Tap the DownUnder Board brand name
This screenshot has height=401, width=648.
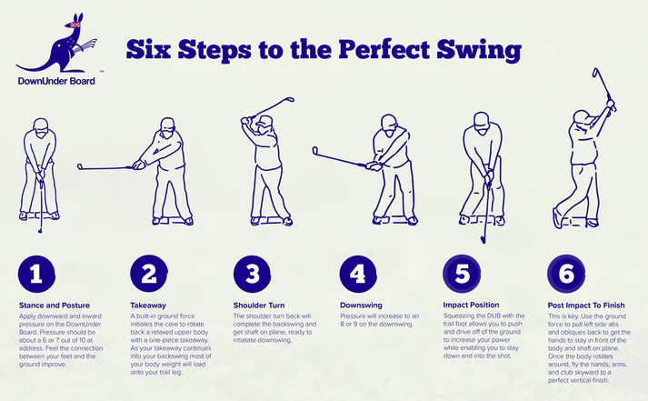(x=56, y=81)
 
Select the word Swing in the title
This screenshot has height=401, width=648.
(x=479, y=50)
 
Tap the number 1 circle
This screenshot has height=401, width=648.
(x=36, y=274)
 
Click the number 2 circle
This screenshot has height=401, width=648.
(x=149, y=274)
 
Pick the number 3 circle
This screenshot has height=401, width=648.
(x=252, y=274)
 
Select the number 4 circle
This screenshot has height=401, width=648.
(x=358, y=274)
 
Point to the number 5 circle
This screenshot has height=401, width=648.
(x=462, y=274)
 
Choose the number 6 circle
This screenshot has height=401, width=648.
(x=566, y=274)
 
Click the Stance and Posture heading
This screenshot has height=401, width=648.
(x=55, y=306)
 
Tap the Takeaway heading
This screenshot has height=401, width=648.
(x=148, y=306)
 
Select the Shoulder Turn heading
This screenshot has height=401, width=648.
(x=259, y=306)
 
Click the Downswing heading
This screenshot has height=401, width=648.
(x=361, y=306)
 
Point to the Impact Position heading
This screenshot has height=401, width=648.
(x=471, y=306)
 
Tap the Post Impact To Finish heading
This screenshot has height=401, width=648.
(x=586, y=306)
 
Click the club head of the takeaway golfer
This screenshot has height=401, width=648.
(x=80, y=166)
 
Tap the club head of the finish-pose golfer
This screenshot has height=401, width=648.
(x=595, y=73)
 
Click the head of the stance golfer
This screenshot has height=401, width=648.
(x=41, y=126)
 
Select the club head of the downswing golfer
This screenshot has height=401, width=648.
(x=314, y=150)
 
